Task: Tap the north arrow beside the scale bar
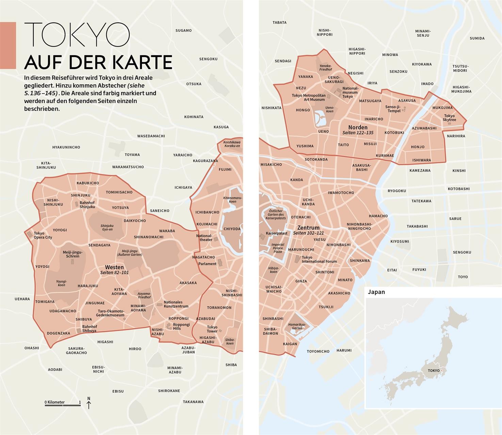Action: (x=89, y=403)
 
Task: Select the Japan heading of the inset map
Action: (x=376, y=292)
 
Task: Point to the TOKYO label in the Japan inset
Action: (x=433, y=370)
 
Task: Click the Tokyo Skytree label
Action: (x=449, y=118)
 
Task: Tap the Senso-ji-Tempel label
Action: (x=394, y=109)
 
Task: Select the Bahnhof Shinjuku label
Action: (x=87, y=205)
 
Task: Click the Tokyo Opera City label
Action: (x=43, y=235)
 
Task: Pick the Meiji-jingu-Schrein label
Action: (x=72, y=254)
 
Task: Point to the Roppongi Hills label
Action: (x=181, y=326)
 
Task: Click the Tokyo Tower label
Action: (x=212, y=329)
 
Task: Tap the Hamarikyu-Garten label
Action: (x=297, y=326)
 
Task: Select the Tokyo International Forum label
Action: (x=319, y=259)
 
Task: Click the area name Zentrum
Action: (x=308, y=228)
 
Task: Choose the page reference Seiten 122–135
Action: (x=358, y=133)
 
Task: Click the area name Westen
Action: (x=114, y=267)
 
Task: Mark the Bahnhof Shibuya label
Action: (x=90, y=329)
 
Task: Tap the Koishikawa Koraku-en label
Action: (x=232, y=144)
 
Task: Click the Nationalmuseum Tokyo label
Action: (x=350, y=92)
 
